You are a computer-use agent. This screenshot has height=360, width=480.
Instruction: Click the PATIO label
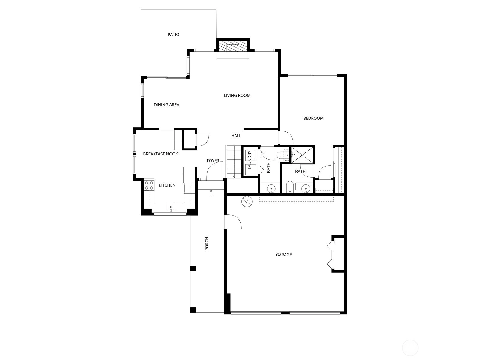(x=173, y=34)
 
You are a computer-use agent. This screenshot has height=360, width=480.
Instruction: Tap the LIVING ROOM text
(x=237, y=95)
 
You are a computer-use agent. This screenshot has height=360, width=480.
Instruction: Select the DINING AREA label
(x=166, y=105)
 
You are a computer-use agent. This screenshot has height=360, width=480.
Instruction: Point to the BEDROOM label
(x=313, y=118)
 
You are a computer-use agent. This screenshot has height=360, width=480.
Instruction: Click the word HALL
(x=236, y=136)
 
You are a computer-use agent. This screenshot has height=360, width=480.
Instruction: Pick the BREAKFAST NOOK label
(x=160, y=154)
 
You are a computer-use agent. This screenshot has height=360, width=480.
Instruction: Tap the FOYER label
(x=213, y=161)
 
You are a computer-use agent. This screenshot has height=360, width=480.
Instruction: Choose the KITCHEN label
(x=167, y=185)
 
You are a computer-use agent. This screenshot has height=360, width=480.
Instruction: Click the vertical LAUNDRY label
(x=250, y=160)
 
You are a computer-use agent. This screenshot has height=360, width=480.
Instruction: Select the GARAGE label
(x=283, y=255)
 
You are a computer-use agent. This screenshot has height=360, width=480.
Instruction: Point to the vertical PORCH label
(x=207, y=244)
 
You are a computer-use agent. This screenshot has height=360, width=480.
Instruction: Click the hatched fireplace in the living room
(x=233, y=46)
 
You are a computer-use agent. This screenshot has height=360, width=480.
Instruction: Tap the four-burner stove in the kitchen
(x=149, y=185)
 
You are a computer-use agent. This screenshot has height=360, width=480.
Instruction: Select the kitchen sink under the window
(x=171, y=207)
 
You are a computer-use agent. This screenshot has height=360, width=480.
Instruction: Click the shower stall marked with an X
(x=302, y=155)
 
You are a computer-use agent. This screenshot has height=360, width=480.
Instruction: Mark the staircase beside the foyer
(x=234, y=162)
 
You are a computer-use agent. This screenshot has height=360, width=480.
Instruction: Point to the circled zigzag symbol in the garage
(x=247, y=202)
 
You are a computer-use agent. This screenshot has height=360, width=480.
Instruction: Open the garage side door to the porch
(x=233, y=222)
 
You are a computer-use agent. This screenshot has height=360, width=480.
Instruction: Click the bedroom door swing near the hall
(x=286, y=137)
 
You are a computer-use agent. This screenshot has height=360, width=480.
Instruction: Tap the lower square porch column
(x=193, y=310)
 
